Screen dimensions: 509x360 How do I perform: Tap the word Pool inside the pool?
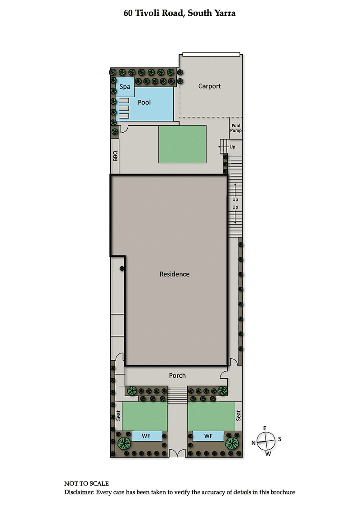click(144, 103)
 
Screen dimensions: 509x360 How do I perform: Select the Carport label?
click(210, 86)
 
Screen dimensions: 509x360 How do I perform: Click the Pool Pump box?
click(236, 128)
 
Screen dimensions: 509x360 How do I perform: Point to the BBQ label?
click(115, 156)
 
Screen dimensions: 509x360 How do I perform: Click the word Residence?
click(175, 274)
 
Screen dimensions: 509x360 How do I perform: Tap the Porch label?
click(177, 375)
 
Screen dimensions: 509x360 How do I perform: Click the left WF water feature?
click(147, 436)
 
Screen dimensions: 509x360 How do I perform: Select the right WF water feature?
click(208, 436)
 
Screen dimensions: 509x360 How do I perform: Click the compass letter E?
click(265, 428)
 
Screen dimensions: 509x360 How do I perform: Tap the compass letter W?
click(268, 454)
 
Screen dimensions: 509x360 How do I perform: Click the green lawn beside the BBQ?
click(182, 144)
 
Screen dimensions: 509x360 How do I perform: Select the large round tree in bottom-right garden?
click(232, 443)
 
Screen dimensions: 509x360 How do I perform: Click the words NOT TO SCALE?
click(86, 483)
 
